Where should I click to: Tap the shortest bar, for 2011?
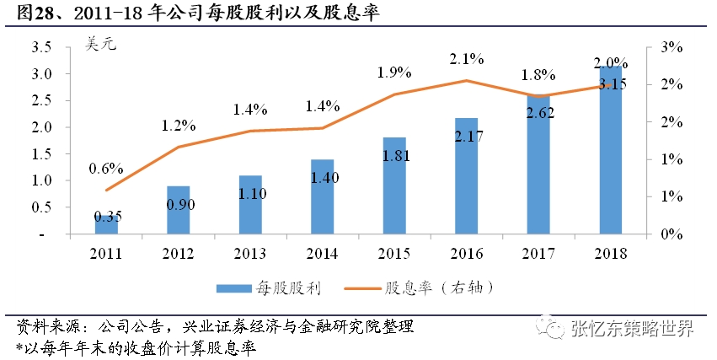tap(106, 223)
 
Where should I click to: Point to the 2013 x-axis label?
tap(250, 252)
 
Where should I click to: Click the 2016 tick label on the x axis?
tap(466, 252)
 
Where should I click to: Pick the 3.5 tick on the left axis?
tap(42, 47)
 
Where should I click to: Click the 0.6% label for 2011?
tap(105, 168)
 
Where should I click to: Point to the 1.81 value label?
tap(394, 155)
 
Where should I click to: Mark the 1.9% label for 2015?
tap(393, 73)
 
